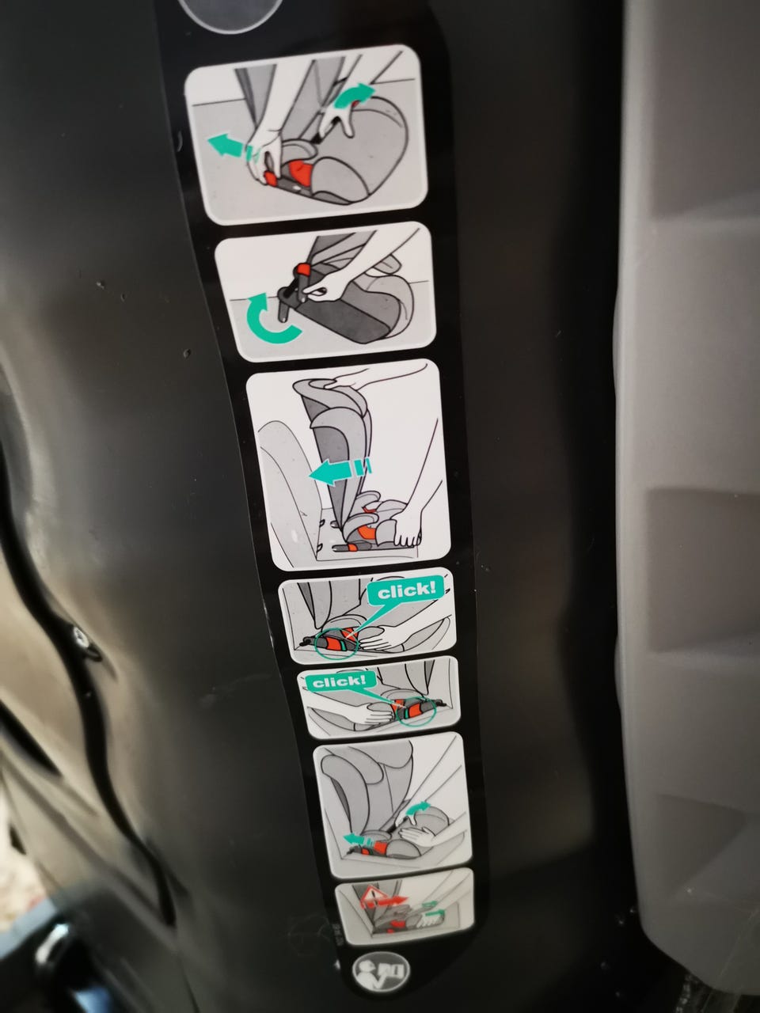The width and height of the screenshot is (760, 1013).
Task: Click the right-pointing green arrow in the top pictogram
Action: tap(355, 95)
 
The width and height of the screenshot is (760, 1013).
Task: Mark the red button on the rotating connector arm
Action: tap(303, 269)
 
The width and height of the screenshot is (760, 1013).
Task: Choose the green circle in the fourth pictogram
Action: tap(336, 643)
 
